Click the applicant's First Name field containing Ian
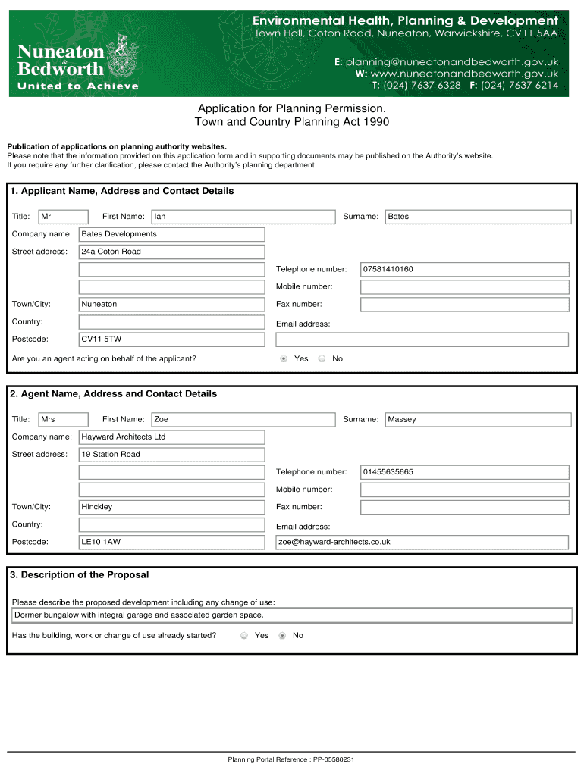tap(243, 217)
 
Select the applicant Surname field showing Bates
tap(478, 217)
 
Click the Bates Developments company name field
tap(171, 234)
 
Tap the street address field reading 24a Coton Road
tap(171, 252)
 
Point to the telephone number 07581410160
tap(464, 269)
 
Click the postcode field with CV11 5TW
tap(171, 339)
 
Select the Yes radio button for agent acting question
tap(284, 358)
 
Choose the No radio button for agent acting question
tap(322, 358)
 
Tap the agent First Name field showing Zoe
tap(243, 419)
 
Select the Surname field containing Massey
tap(478, 419)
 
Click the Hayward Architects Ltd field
tap(171, 437)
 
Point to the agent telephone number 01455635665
tap(464, 472)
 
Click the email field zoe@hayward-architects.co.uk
tap(422, 542)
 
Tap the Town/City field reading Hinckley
tap(171, 507)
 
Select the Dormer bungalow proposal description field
tap(292, 615)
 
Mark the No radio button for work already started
tap(282, 636)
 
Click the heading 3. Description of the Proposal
tap(80, 575)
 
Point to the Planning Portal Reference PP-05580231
tap(291, 759)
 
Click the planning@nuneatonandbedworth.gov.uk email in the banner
tap(452, 61)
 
